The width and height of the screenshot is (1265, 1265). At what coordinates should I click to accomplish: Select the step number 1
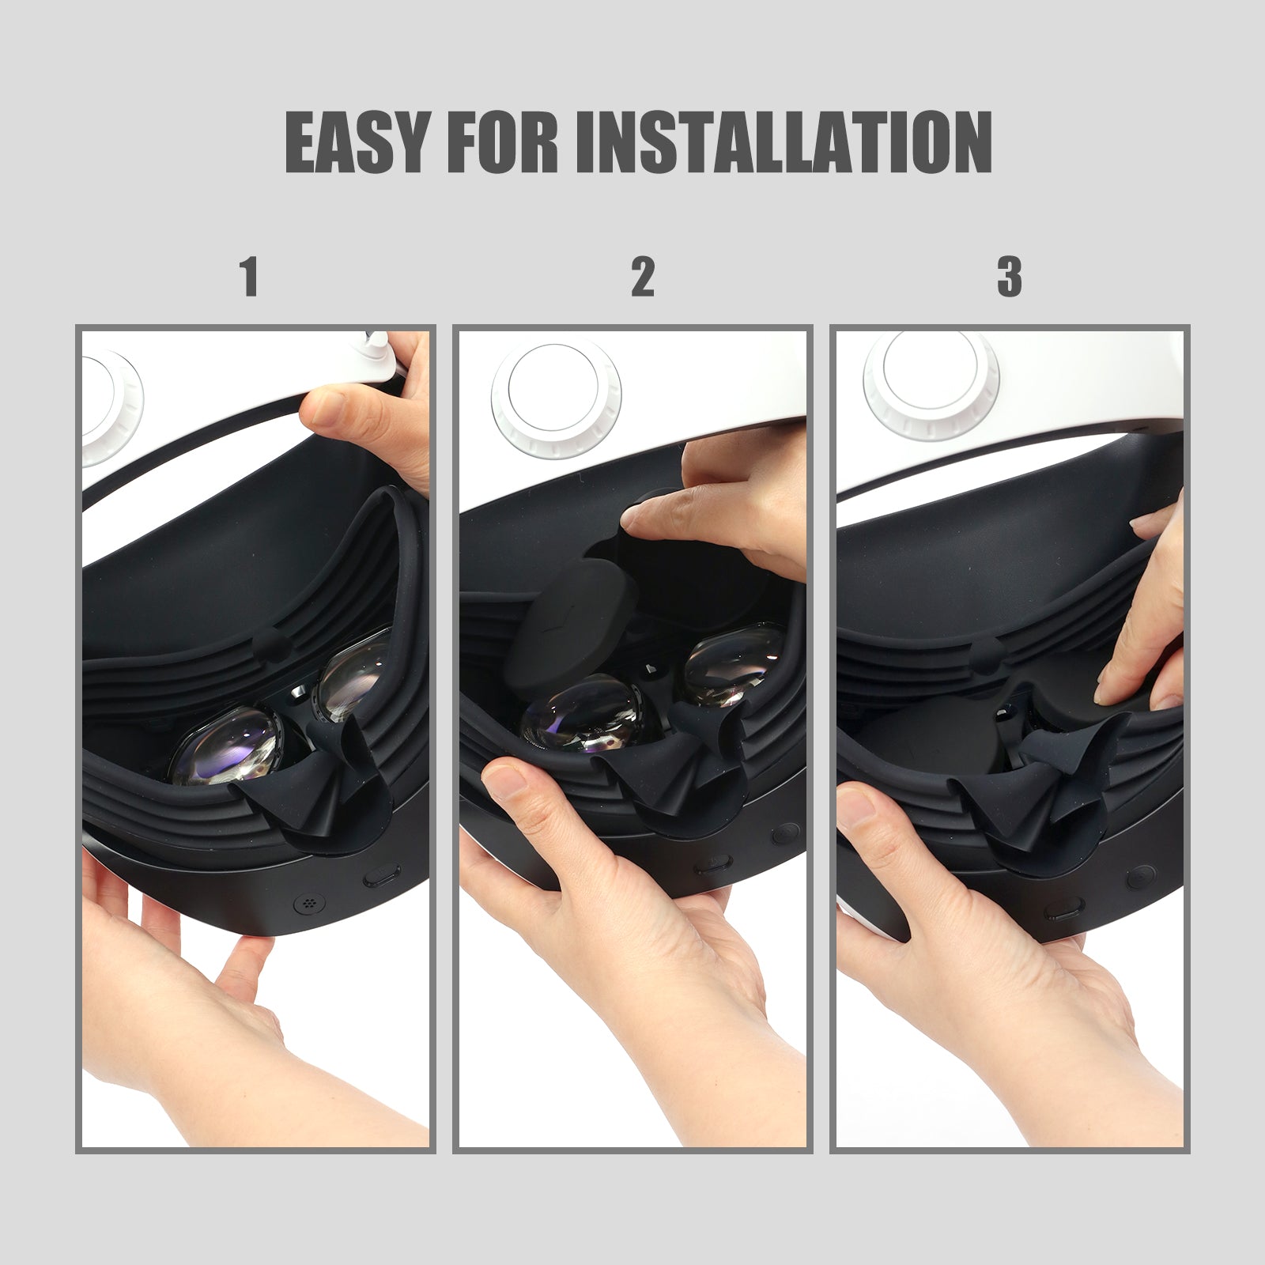(x=250, y=276)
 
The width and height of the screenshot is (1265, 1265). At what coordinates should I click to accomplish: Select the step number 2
(x=642, y=276)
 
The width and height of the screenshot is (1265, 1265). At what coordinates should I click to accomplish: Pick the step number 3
(x=1009, y=276)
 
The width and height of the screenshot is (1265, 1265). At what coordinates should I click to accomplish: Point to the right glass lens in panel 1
(x=356, y=677)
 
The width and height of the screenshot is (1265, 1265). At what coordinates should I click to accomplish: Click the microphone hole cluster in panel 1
(x=307, y=901)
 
